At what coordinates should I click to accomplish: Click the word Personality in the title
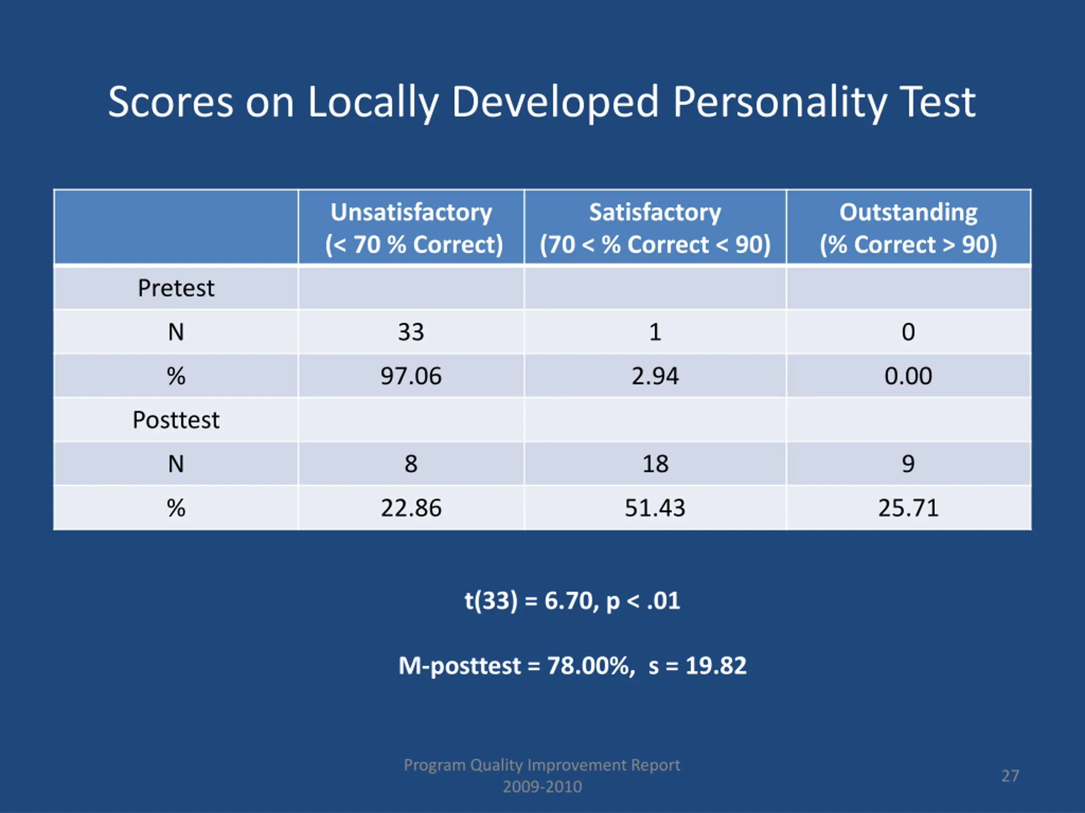pos(780,103)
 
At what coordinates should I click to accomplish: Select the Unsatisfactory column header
pos(411,228)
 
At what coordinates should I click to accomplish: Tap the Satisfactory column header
pos(655,228)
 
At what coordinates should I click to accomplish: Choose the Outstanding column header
pos(908,228)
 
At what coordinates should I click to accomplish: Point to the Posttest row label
pos(175,420)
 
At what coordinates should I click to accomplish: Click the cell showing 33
pos(411,332)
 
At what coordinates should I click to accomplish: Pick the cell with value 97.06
pos(411,376)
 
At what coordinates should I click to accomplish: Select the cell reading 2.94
pos(655,376)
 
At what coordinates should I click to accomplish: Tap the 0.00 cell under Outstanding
pos(908,376)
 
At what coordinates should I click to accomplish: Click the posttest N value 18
pos(655,464)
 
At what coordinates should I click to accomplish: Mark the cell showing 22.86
pos(411,508)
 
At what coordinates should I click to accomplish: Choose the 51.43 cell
pos(655,508)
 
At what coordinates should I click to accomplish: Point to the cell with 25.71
pos(908,508)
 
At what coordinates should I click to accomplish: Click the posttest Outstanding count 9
pos(908,464)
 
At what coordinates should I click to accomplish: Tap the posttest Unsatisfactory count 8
pos(411,464)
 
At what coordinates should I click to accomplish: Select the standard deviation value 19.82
pos(716,666)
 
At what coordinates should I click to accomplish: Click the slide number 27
pos(1010,776)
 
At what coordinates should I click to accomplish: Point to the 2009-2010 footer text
pos(542,787)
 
